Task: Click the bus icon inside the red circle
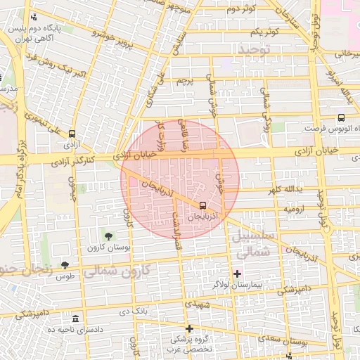pyautogui.click(x=203, y=206)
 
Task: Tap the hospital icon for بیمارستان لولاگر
pyautogui.click(x=237, y=273)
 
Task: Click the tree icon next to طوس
pyautogui.click(x=65, y=265)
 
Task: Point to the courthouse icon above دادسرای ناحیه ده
pyautogui.click(x=75, y=319)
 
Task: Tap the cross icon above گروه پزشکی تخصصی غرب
pyautogui.click(x=188, y=328)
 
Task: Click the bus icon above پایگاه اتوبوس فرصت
pyautogui.click(x=341, y=118)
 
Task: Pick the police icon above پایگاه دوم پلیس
pyautogui.click(x=34, y=18)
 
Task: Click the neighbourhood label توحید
pyautogui.click(x=253, y=49)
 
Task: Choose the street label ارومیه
pyautogui.click(x=294, y=209)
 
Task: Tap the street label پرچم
pyautogui.click(x=185, y=82)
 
